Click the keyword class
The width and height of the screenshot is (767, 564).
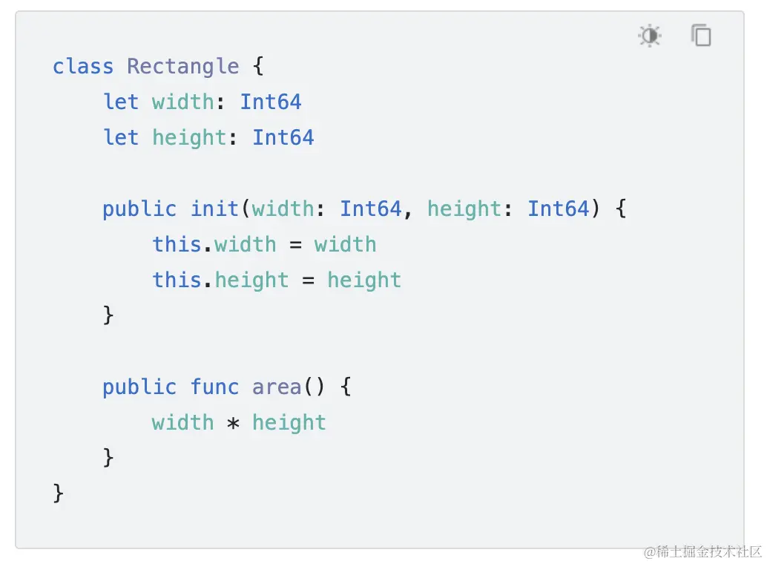pos(83,67)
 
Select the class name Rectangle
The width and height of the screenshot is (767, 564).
pos(183,67)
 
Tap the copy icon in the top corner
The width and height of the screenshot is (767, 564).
pos(701,36)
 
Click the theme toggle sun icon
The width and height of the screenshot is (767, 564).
pos(650,36)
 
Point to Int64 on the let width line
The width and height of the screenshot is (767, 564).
pos(271,102)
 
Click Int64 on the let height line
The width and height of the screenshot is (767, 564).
pos(283,137)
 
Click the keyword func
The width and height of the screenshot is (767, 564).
pos(214,387)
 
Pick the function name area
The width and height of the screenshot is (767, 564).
pos(277,387)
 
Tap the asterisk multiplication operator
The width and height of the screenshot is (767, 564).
pos(233,424)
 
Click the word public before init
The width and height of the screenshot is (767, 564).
pos(139,209)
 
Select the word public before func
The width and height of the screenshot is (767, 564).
pos(139,387)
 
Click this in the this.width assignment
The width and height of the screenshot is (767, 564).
pos(177,244)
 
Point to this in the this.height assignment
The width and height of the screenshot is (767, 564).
pos(177,280)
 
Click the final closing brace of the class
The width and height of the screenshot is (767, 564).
pos(59,493)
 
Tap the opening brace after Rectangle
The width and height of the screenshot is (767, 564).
pos(258,67)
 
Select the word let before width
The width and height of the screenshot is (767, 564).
pos(121,102)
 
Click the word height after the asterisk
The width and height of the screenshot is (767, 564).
pos(289,422)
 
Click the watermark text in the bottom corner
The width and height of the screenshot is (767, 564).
pos(702,551)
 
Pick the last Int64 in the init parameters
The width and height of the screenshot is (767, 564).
pos(559,209)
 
